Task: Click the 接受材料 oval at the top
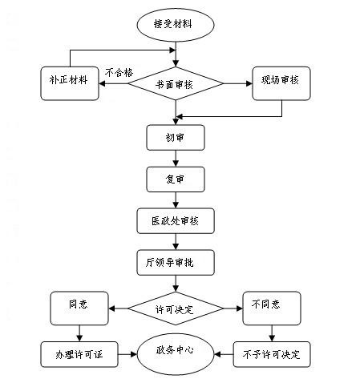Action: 174,24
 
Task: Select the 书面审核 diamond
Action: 175,82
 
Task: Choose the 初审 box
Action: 174,136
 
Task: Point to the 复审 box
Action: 174,178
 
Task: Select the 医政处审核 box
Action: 174,220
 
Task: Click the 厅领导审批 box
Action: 174,262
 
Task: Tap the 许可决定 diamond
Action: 174,307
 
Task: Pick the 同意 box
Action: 78,306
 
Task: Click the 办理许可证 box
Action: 78,353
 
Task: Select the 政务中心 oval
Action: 174,350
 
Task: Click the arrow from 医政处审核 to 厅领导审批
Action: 174,240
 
